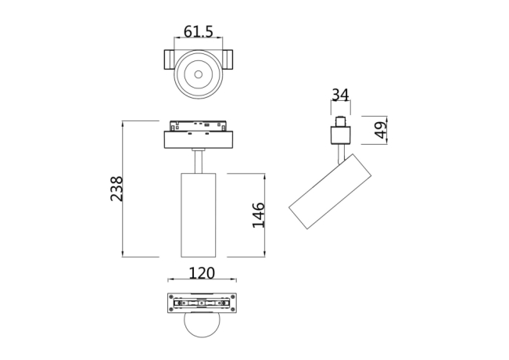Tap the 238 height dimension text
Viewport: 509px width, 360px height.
coord(116,189)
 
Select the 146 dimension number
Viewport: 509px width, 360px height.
coord(259,214)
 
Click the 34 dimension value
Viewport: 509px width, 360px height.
coord(339,95)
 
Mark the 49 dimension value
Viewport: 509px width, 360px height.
coord(381,130)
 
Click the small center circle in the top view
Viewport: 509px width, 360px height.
coord(199,76)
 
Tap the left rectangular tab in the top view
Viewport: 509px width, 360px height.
coord(169,61)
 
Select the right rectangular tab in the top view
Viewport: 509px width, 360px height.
coord(228,61)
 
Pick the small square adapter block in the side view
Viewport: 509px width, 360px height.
coord(339,137)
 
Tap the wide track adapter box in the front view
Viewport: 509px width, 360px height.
coord(199,139)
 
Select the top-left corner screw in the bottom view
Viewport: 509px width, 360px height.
coord(171,297)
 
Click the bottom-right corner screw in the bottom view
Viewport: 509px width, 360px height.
coord(231,310)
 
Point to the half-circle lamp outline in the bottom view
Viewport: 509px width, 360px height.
coord(201,324)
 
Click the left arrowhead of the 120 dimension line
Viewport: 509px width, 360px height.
coord(170,280)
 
